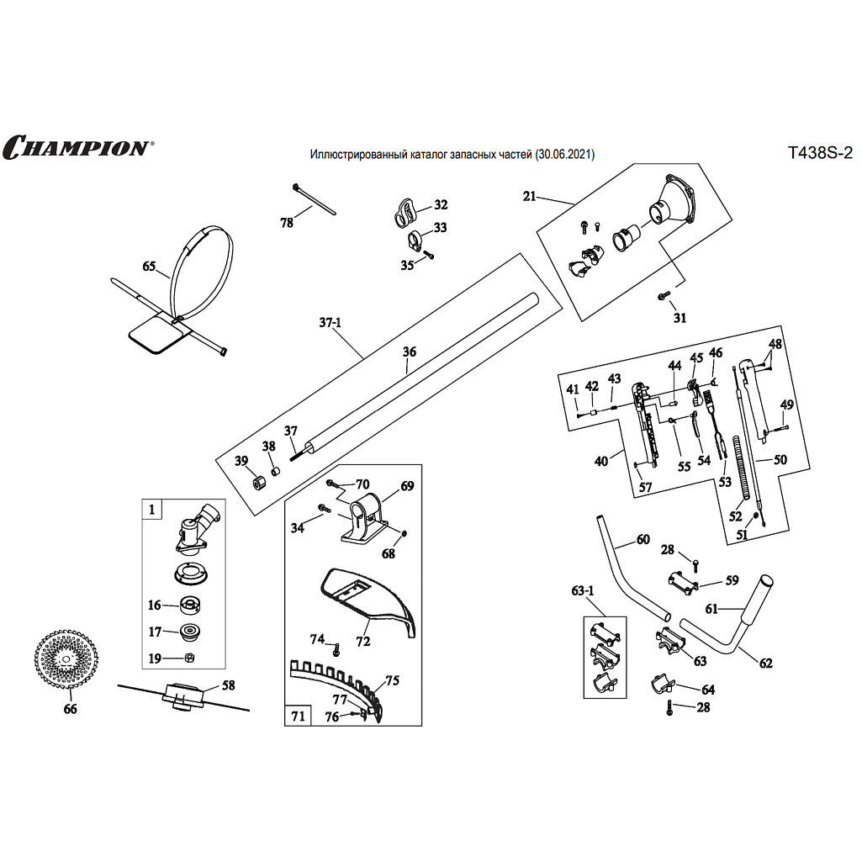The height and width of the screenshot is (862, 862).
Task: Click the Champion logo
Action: tap(77, 148)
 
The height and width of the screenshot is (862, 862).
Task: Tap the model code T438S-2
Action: tap(819, 153)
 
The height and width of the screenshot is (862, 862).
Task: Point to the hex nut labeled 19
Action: tap(190, 658)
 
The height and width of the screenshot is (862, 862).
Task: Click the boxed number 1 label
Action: tap(152, 509)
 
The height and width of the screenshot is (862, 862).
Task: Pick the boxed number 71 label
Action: tap(298, 716)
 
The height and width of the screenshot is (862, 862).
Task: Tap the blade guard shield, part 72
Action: tap(370, 600)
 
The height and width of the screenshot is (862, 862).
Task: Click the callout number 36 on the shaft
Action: tap(410, 353)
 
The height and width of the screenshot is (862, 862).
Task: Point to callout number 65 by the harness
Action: tap(150, 267)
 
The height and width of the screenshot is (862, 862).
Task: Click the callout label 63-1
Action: tap(583, 591)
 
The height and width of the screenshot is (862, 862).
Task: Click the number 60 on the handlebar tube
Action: tap(643, 539)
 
